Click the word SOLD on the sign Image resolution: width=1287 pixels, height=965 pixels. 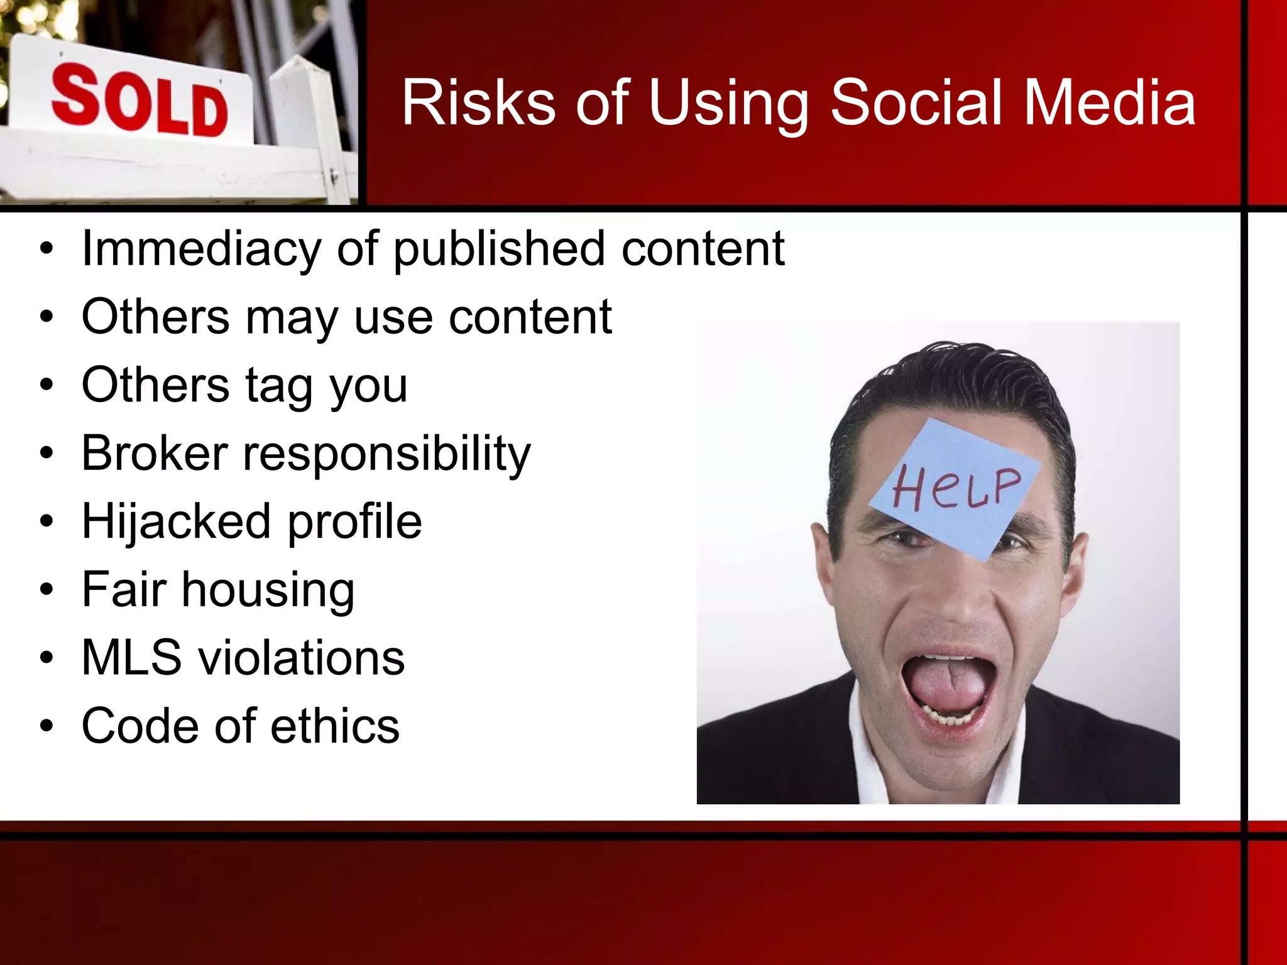point(140,102)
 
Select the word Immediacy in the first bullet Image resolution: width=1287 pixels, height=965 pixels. point(201,249)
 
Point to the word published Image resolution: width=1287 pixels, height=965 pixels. point(500,249)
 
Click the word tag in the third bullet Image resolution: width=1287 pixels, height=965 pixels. point(279,386)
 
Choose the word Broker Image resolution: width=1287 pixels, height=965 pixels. point(155,453)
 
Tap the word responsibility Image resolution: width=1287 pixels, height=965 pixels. point(386,454)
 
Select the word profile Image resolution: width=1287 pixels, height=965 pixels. point(355,521)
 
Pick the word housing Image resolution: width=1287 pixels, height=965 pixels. point(268,591)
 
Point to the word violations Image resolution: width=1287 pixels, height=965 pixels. point(302,658)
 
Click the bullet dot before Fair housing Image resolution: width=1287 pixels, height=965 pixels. point(47,591)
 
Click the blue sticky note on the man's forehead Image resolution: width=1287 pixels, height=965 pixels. point(955,487)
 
